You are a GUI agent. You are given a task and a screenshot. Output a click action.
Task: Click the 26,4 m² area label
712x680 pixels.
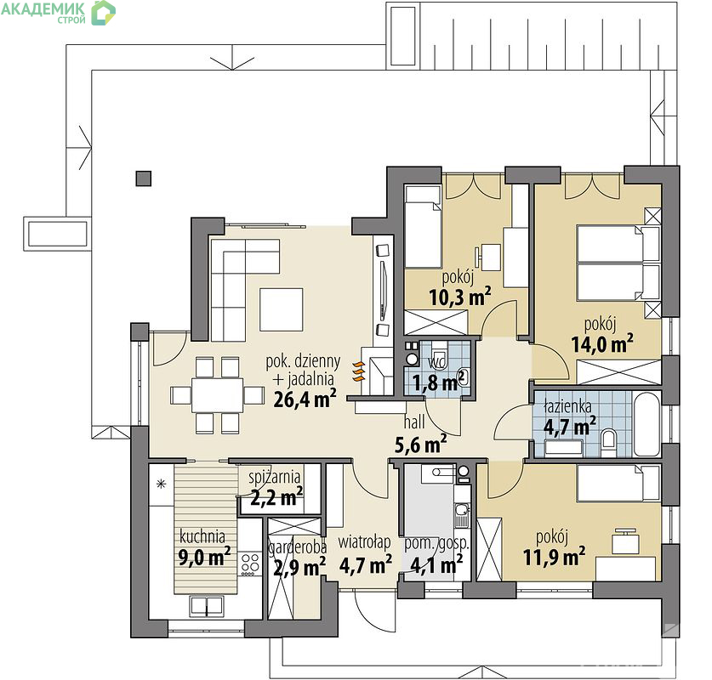click(305, 399)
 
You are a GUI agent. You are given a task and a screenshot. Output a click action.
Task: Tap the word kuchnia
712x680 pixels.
click(202, 536)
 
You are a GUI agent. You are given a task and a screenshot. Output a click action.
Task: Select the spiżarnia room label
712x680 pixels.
click(274, 477)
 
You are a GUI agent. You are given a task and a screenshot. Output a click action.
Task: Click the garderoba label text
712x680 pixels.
click(298, 547)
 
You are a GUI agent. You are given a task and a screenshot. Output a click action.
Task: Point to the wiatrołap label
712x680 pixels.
click(364, 542)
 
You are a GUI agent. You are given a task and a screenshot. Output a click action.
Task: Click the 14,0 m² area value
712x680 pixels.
click(602, 343)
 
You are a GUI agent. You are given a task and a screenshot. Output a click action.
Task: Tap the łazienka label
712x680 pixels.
click(567, 406)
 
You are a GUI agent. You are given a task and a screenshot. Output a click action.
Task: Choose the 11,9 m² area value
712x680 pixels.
click(554, 556)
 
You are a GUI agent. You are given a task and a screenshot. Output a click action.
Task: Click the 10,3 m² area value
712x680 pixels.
click(460, 297)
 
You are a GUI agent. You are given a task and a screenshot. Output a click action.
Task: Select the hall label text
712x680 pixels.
click(414, 422)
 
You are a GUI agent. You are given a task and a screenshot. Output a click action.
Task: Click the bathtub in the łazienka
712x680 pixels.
click(646, 424)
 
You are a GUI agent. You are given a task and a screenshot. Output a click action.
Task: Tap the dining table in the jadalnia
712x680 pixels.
click(217, 395)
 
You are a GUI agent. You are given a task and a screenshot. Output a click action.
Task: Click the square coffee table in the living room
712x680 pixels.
click(281, 309)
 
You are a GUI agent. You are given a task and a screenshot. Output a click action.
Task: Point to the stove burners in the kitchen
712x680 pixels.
click(250, 564)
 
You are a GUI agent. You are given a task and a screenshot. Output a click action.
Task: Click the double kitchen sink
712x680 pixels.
click(207, 607)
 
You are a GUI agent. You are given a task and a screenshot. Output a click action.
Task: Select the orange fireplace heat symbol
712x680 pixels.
click(359, 371)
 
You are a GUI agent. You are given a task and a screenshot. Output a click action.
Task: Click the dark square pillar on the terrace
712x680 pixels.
click(144, 178)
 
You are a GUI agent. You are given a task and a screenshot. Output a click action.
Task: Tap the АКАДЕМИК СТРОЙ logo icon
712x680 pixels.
click(104, 12)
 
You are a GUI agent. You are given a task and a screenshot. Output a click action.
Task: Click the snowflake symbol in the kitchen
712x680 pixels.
click(161, 484)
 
